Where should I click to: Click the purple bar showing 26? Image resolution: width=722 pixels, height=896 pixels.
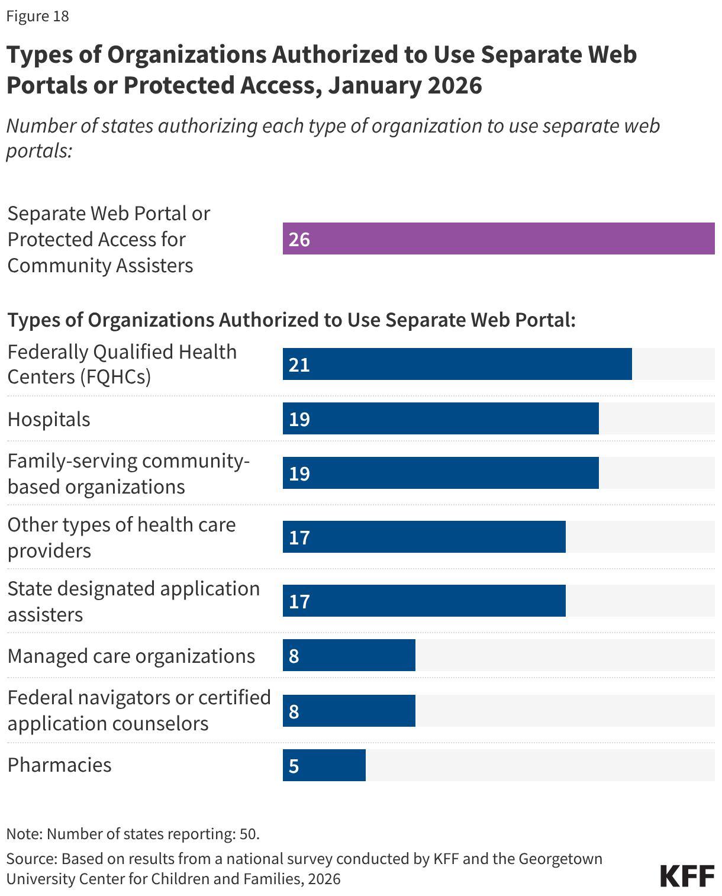tap(498, 238)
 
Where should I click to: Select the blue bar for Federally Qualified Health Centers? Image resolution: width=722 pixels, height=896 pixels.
tap(457, 364)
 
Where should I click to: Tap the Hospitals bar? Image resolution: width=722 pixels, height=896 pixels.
tap(440, 418)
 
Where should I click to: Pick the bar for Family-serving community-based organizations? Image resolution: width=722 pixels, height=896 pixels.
tap(440, 473)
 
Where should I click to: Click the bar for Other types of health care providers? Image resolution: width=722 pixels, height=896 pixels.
tap(424, 537)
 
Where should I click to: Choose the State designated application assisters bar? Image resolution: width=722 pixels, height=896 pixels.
tap(424, 601)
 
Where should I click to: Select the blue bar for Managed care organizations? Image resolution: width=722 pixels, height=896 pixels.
tap(349, 655)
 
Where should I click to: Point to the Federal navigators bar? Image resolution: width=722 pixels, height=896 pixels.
tap(349, 711)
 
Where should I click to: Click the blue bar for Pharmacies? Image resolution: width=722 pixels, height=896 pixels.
tap(324, 765)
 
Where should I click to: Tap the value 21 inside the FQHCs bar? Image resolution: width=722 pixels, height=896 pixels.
tap(299, 365)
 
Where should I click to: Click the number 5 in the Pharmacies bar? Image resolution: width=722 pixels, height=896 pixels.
tap(294, 766)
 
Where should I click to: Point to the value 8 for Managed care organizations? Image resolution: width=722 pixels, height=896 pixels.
tap(294, 656)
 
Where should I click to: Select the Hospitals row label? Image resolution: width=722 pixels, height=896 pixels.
tap(49, 419)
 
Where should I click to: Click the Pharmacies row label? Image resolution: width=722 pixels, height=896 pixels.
tap(60, 765)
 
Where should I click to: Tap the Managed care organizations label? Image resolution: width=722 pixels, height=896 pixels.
tap(131, 656)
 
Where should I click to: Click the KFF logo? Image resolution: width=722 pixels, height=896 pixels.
tap(687, 875)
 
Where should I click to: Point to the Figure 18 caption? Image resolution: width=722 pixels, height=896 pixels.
tap(38, 16)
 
